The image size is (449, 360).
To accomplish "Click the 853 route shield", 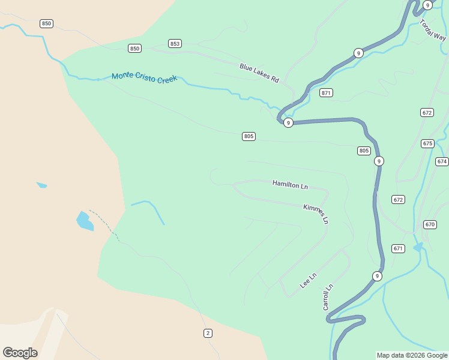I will coord(175,44).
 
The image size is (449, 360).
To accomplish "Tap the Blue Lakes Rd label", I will coord(260,73).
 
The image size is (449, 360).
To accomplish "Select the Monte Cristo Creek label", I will coord(145,77).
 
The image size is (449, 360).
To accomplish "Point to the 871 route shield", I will coord(326,93).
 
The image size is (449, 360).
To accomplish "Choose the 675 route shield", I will coord(427,143).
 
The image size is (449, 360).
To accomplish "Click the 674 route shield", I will coord(442,161).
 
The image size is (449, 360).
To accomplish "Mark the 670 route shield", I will coord(430,224).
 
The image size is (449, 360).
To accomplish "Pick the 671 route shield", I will coord(399,248).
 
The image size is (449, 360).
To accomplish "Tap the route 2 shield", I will coord(208,333).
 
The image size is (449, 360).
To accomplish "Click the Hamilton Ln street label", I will coord(290,185).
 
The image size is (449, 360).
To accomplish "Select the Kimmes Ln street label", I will coord(316,214).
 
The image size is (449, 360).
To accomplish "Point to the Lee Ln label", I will coord(308,280).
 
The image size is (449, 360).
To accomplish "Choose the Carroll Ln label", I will coord(328,297).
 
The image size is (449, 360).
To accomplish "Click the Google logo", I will coord(20,353).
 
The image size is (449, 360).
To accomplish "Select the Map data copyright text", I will coord(412,355).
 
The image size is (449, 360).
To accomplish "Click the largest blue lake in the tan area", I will coord(85,221).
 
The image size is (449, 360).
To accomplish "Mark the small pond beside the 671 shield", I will coord(418,247).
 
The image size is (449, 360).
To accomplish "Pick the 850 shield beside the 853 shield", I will coord(134,48).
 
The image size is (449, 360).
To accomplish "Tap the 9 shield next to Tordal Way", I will coord(427,5).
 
